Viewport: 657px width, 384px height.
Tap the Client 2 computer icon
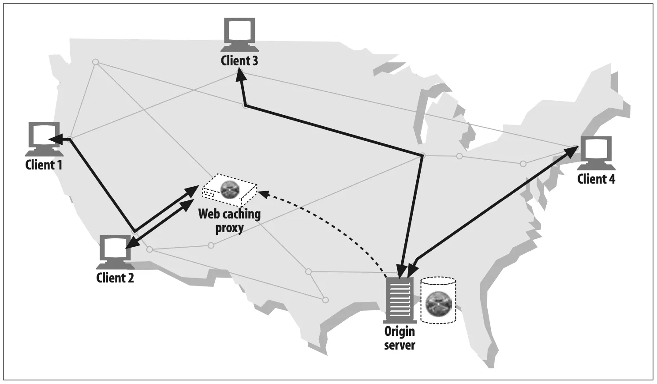pyautogui.click(x=115, y=252)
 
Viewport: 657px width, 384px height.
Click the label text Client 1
pyautogui.click(x=44, y=165)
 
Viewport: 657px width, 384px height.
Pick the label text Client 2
pyautogui.click(x=115, y=278)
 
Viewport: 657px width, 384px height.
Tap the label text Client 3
pyautogui.click(x=239, y=61)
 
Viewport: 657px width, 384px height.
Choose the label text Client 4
pyautogui.click(x=596, y=179)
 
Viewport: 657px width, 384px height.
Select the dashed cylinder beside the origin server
pyautogui.click(x=438, y=300)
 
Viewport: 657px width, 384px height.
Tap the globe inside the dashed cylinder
pyautogui.click(x=438, y=304)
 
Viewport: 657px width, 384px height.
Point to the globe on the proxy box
pyautogui.click(x=230, y=190)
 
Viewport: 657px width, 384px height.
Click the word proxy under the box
pyautogui.click(x=229, y=228)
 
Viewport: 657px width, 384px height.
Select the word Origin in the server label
pyautogui.click(x=399, y=331)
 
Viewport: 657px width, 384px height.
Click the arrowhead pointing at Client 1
pyautogui.click(x=55, y=139)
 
